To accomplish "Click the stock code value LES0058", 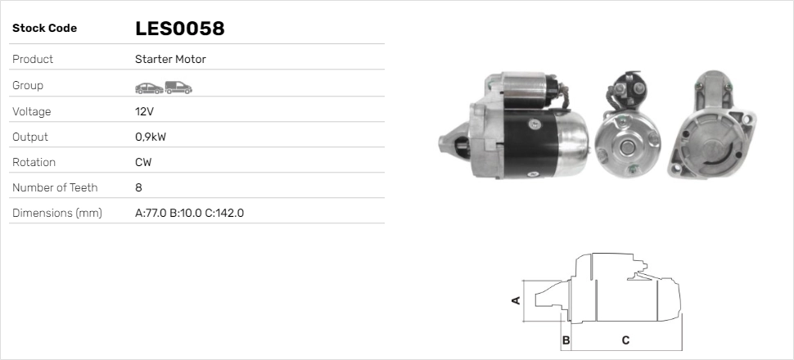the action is click(x=180, y=29).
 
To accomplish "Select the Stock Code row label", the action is click(x=44, y=29).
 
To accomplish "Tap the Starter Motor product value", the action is click(x=170, y=59).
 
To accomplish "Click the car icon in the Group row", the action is click(x=149, y=88).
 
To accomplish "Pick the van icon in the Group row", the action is click(x=178, y=88).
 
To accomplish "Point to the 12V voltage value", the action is click(x=144, y=111).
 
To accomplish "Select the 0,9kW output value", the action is click(x=151, y=137).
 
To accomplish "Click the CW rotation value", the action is click(x=143, y=163).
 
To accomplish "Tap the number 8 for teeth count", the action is click(x=139, y=188).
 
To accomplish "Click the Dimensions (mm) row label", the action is click(x=57, y=214).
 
